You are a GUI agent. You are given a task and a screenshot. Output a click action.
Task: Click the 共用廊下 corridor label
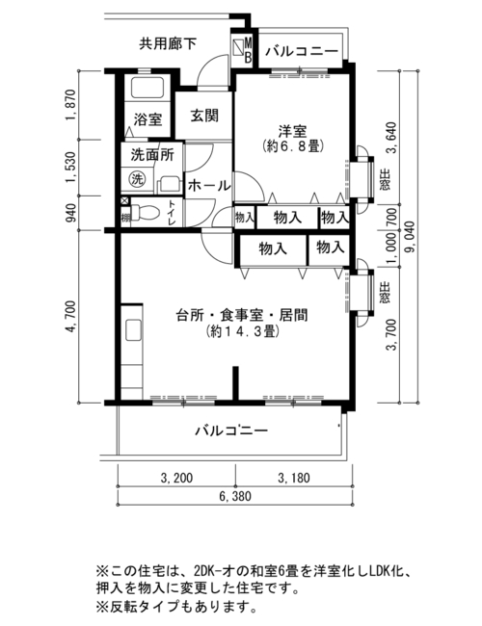(168, 43)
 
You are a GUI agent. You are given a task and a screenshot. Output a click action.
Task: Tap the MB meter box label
(248, 50)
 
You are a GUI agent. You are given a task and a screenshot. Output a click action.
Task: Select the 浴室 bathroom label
(147, 119)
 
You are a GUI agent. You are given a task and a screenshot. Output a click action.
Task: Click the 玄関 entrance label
(204, 116)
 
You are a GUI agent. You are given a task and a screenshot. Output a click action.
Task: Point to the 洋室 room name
(292, 131)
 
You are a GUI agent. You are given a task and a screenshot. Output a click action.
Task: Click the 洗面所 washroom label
(152, 155)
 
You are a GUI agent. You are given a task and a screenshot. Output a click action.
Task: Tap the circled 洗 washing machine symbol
(137, 179)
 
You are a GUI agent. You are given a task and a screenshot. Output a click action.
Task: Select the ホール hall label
(209, 186)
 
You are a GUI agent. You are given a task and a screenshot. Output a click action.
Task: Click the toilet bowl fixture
(143, 213)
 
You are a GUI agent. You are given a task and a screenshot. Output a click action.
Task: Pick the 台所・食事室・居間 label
(242, 315)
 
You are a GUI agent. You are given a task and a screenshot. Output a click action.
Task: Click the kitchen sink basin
(133, 329)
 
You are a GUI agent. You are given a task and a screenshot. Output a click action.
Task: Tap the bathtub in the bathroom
(147, 88)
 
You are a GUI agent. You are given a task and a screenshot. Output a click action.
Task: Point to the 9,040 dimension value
(409, 238)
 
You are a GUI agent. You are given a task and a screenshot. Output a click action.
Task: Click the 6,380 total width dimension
(235, 496)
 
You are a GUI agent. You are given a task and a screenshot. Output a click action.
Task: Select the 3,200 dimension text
(176, 478)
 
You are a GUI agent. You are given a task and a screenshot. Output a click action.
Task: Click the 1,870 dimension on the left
(71, 105)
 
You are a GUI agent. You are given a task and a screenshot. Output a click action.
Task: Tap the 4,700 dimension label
(71, 316)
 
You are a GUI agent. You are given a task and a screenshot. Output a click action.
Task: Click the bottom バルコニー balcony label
(231, 431)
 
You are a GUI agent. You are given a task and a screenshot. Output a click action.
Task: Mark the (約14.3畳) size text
(241, 331)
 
